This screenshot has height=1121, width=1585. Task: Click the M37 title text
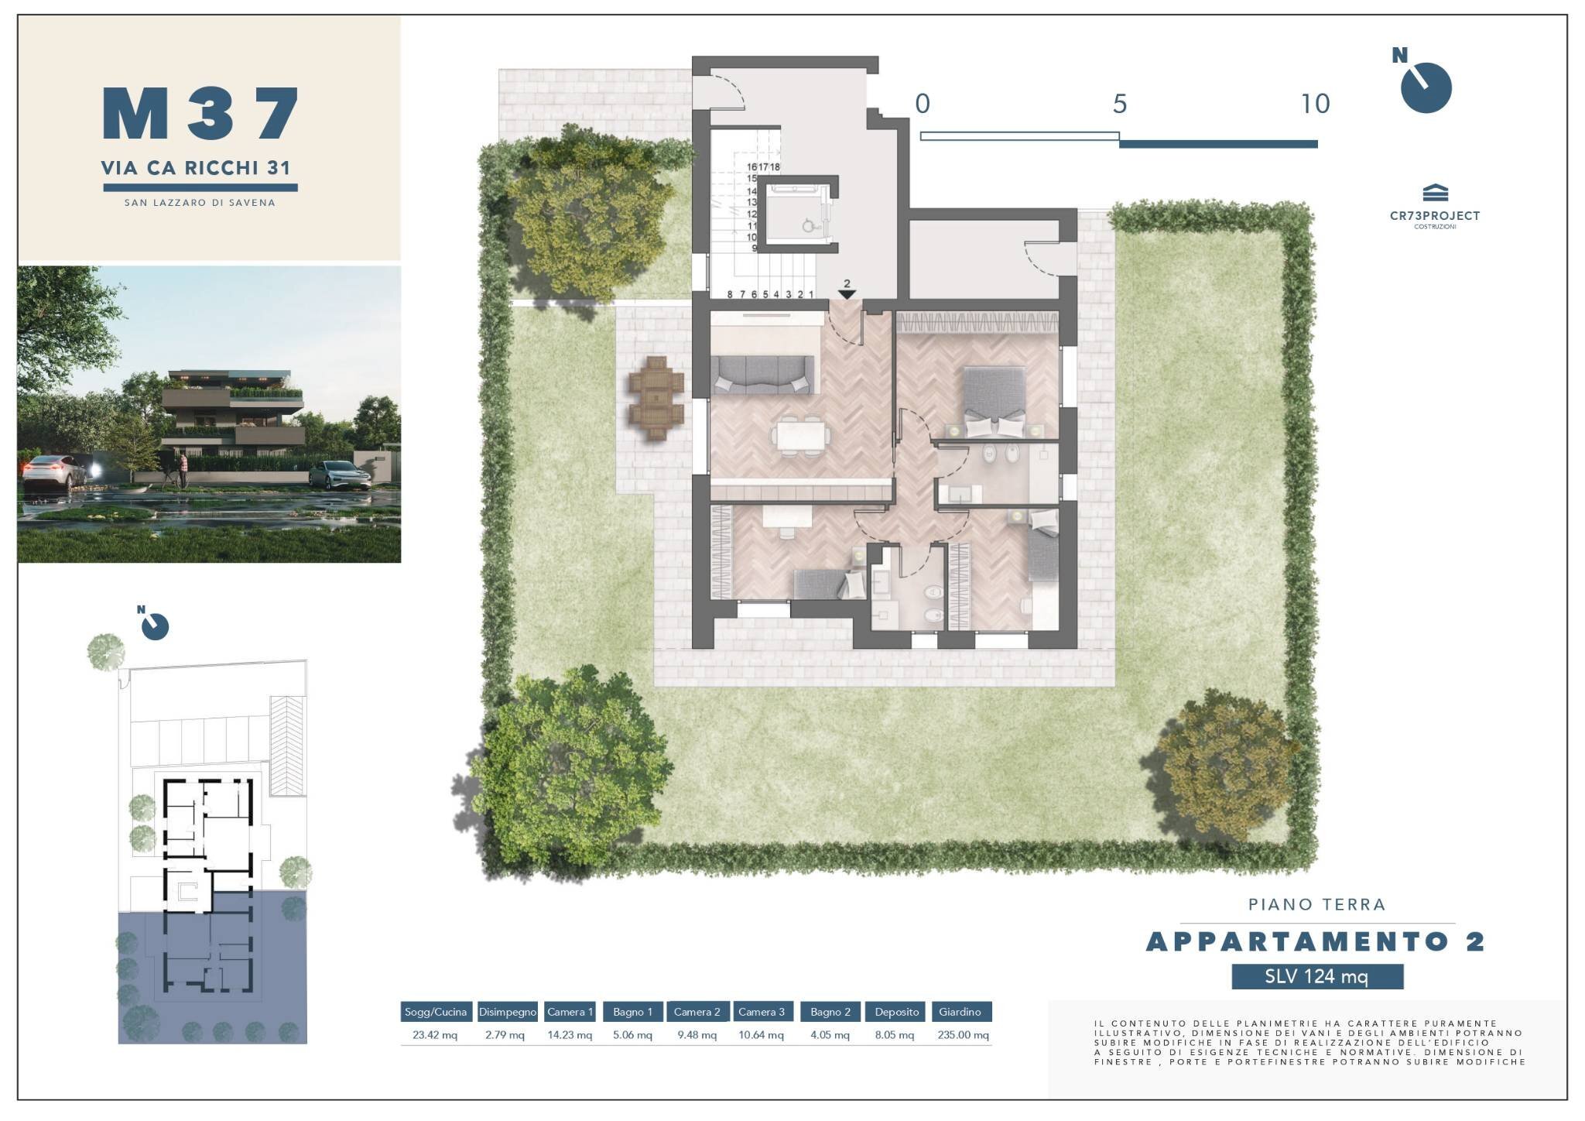200,114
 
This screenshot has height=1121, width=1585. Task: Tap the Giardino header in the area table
960,1012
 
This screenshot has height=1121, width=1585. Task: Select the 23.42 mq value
435,1035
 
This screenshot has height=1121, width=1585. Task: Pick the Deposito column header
896,1012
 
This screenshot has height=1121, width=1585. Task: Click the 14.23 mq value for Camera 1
570,1035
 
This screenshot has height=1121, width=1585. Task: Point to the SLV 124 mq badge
1317,976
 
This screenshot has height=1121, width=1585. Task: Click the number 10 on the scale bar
1315,104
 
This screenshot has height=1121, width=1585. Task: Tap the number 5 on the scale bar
1120,104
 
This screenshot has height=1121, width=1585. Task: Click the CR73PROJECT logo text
1435,216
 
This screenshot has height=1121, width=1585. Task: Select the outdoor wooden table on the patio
656,398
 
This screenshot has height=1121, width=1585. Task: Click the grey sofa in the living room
763,375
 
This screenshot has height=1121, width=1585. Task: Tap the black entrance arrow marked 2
847,293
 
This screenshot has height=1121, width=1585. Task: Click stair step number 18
775,166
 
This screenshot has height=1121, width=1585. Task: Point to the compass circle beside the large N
1426,88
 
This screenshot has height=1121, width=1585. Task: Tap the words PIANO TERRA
1316,904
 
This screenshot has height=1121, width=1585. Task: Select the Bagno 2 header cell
830,1012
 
